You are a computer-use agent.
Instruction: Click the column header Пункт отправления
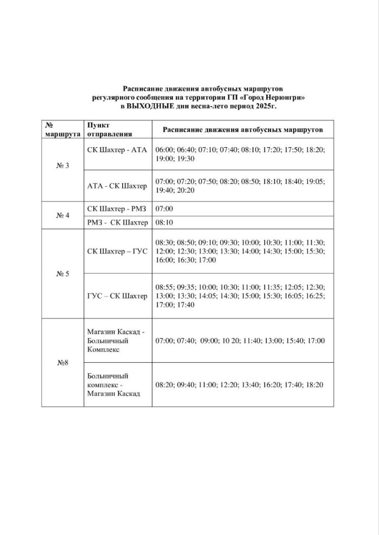click(x=109, y=129)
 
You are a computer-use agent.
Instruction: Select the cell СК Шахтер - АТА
click(x=117, y=150)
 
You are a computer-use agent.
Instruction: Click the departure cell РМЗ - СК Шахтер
click(x=117, y=222)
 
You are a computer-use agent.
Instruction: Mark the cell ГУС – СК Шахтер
click(x=117, y=296)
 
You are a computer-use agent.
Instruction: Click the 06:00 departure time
click(x=164, y=150)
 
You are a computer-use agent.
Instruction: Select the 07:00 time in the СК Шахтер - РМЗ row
click(x=164, y=208)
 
